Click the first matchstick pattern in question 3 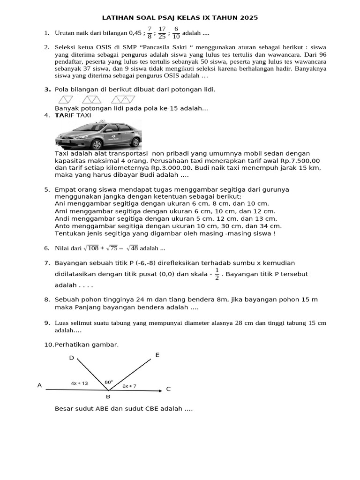(x=66, y=99)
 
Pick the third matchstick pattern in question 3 (x=123, y=99)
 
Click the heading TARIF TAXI (x=73, y=115)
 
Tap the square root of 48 (x=130, y=248)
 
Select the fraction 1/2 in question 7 (x=217, y=274)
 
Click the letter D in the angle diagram (x=72, y=358)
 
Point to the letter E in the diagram (x=157, y=355)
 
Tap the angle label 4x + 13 (x=79, y=383)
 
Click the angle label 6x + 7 (x=129, y=386)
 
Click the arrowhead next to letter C (x=160, y=389)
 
